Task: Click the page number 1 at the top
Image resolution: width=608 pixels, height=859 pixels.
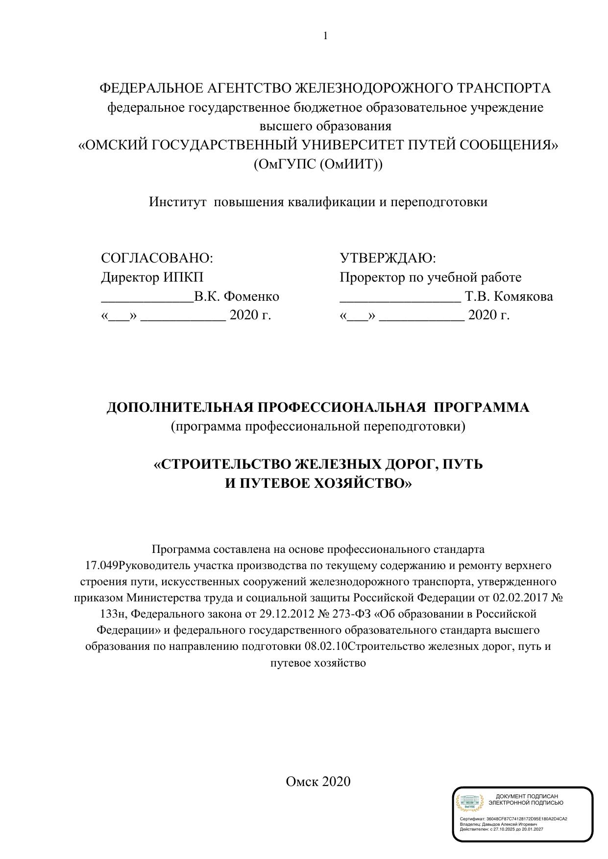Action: [325, 36]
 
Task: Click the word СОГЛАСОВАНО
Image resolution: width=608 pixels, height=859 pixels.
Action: [157, 258]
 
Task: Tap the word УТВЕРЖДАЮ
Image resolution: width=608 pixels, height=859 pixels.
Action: [388, 258]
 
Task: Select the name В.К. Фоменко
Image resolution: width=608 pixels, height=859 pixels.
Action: [237, 296]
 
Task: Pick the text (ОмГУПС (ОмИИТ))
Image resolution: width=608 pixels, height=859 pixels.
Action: [318, 164]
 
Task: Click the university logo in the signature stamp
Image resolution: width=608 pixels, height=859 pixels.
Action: [470, 802]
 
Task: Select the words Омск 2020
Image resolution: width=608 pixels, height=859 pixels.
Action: [318, 781]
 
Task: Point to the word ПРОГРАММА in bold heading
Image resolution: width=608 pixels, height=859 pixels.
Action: [482, 407]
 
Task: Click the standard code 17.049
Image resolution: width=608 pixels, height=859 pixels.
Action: [102, 566]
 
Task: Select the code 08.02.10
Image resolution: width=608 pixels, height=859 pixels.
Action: [325, 646]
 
